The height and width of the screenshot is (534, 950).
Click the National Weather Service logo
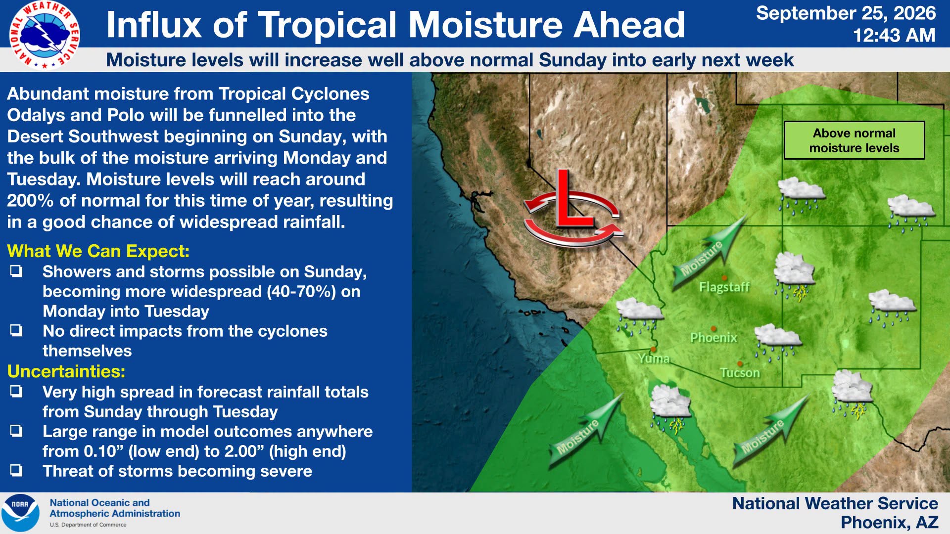[45, 35]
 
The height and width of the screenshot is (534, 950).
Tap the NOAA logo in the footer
[20, 513]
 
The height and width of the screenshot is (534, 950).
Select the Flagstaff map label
[724, 287]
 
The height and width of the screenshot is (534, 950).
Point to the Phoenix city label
[713, 338]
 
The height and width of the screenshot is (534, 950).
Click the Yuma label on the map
[653, 358]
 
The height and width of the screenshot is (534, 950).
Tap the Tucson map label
[740, 373]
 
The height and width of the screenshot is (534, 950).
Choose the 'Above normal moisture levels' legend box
[854, 140]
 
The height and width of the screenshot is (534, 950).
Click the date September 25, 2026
[846, 13]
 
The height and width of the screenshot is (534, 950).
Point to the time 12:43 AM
[894, 36]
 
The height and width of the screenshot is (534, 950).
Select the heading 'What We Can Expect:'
[98, 251]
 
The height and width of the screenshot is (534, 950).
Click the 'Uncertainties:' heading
[66, 371]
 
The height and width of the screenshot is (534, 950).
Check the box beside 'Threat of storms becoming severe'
[16, 470]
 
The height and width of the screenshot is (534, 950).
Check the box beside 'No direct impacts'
[16, 330]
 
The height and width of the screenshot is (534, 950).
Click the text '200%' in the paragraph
[30, 201]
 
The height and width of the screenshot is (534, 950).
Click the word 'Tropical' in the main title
[328, 25]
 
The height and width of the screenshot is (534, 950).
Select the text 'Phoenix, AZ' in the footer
[889, 522]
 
